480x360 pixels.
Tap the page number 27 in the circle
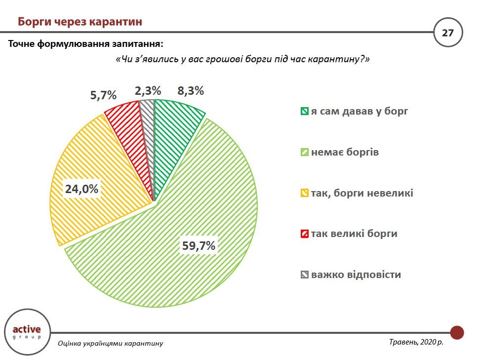(447, 34)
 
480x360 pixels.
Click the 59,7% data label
(199, 245)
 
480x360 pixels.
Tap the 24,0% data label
(82, 189)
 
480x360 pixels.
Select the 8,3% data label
(190, 91)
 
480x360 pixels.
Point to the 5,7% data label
(103, 94)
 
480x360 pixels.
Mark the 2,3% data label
(148, 91)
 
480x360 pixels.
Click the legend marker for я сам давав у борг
(304, 112)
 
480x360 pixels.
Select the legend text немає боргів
(345, 152)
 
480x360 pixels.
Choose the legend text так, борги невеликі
(362, 193)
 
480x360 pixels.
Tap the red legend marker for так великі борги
(304, 234)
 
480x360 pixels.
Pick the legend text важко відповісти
(356, 275)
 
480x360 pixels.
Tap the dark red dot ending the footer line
(457, 332)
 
